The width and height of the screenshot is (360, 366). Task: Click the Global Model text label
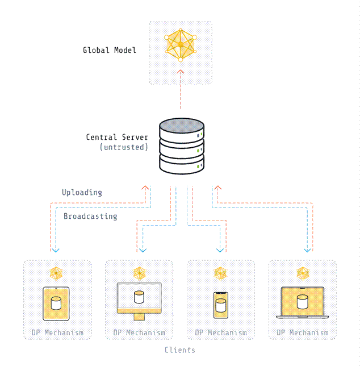coord(110,50)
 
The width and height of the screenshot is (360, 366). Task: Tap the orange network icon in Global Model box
coord(181,44)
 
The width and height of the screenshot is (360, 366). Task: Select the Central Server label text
coord(117,137)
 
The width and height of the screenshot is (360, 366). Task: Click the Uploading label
coord(82,192)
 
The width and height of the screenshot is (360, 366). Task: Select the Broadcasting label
coord(90,216)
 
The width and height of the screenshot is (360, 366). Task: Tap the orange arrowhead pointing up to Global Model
coord(181,72)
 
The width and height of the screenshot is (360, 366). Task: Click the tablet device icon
coord(56,303)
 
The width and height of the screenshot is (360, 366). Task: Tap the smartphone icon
coord(221,305)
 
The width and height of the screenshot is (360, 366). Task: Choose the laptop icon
coord(302,302)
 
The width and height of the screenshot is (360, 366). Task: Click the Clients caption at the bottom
coord(180,350)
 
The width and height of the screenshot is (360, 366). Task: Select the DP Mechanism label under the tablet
coord(57,332)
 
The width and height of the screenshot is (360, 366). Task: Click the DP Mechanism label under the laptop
coord(302,332)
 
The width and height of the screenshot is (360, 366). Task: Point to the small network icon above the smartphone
coord(221,273)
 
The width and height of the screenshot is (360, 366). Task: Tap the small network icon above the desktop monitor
coord(139,273)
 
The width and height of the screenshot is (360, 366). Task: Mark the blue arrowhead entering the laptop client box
coord(307,249)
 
